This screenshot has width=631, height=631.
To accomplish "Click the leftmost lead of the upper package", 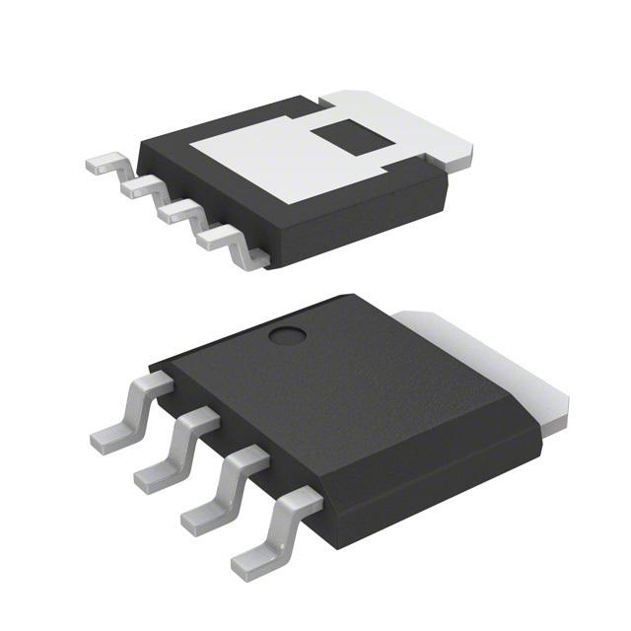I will (106, 165).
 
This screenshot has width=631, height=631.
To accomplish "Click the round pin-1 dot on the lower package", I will (289, 337).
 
